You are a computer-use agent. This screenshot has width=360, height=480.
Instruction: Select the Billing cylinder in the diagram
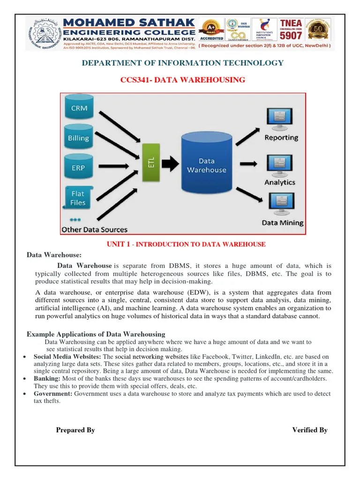[79, 138]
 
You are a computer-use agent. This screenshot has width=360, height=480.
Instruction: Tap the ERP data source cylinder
[79, 167]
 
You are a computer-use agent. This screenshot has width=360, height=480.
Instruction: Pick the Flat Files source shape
[78, 198]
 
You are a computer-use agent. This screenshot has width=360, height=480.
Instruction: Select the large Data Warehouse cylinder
[206, 163]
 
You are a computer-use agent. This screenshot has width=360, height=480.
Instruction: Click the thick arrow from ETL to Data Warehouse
[172, 163]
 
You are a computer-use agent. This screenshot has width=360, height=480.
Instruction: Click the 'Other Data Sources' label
[94, 230]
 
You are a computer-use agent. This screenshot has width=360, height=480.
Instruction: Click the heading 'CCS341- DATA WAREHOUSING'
[183, 80]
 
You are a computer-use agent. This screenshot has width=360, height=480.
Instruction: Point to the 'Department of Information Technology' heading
[183, 63]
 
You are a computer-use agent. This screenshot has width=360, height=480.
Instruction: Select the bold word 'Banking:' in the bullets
[47, 378]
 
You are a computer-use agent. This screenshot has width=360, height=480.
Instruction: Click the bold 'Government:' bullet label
[53, 394]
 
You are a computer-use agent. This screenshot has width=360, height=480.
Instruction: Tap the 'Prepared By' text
[75, 430]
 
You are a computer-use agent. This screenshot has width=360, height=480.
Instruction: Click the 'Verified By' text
[310, 430]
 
